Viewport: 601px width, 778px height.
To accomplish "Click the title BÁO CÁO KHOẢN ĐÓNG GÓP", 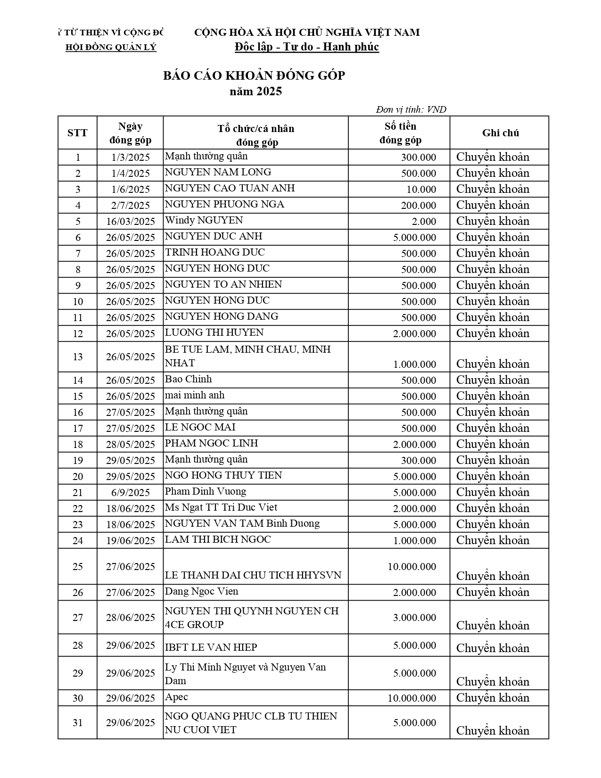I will coord(254,75).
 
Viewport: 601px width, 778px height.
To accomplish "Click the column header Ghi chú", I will coord(500,133).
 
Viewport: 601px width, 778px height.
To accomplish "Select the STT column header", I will coord(77,133).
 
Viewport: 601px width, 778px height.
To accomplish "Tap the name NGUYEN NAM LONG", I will coord(218,172).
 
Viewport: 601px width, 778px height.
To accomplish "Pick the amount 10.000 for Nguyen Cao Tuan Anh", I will coord(421,190).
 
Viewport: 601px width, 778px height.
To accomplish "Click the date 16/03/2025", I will coord(131,222).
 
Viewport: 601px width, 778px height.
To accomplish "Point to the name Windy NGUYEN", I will coord(204,220).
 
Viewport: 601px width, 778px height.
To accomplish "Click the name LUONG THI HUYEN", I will coord(214,332).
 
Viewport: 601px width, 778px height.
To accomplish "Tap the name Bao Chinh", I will coord(188,379).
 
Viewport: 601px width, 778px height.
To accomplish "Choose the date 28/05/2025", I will coord(131,445).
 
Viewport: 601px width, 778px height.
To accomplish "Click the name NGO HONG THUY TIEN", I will coord(223,475).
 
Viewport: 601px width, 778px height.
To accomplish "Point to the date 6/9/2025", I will coord(131,493).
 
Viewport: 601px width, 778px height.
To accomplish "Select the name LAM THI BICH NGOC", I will coord(218,539).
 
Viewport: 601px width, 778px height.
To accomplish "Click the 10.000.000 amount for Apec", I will coord(412,698).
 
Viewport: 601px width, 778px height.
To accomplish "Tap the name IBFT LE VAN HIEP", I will coord(211,647).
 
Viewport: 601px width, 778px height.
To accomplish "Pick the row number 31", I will coord(78,723).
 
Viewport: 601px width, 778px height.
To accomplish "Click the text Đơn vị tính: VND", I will coord(411,110).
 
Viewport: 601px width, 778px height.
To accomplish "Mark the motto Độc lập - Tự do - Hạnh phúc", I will coord(307,47).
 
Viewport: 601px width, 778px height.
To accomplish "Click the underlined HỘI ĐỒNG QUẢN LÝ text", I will coord(111,47).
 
